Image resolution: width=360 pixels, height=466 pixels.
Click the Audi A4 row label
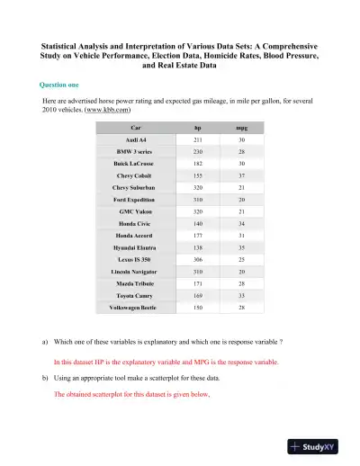pyautogui.click(x=138, y=141)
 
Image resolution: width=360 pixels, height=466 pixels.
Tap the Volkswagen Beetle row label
pyautogui.click(x=138, y=306)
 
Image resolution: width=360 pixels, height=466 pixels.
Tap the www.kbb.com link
pyautogui.click(x=108, y=112)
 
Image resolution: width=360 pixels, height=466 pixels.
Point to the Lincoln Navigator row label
pyautogui.click(x=138, y=271)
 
